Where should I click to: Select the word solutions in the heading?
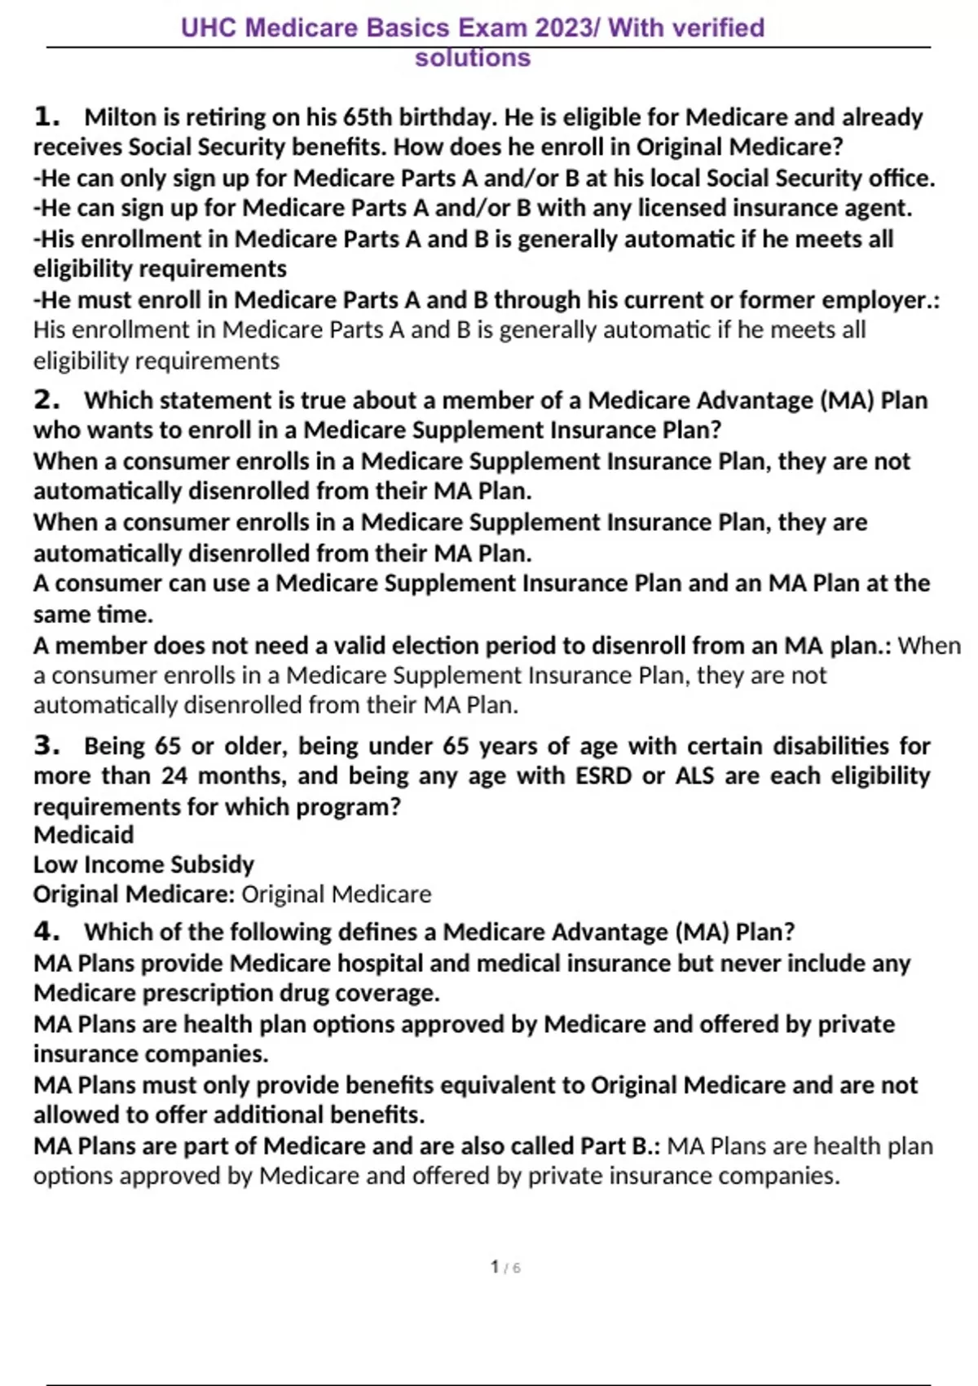click(x=473, y=58)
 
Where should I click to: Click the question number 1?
click(x=46, y=117)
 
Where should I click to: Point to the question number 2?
click(x=46, y=400)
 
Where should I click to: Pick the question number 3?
click(x=46, y=745)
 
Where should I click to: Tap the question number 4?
click(x=46, y=931)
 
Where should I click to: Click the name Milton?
click(x=120, y=117)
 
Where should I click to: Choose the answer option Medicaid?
click(x=83, y=835)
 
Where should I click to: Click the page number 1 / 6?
click(x=505, y=1267)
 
